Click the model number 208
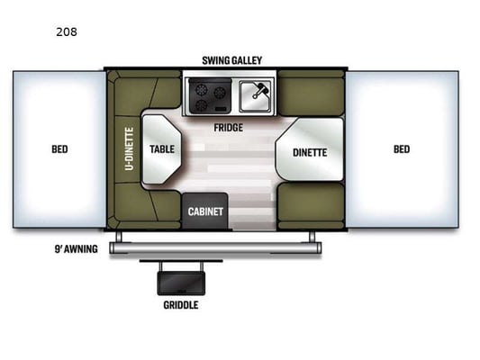pos(67,31)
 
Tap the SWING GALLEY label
pos(232,60)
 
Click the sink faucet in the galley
pos(260,90)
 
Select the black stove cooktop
pos(210,95)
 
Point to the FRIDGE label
pos(229,128)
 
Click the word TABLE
pos(162,149)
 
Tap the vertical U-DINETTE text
pos(129,149)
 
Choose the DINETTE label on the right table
pos(310,153)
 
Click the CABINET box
pos(205,211)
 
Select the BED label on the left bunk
pos(59,149)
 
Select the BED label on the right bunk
pos(402,149)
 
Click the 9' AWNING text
pos(77,249)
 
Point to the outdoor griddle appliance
pos(181,283)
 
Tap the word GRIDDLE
pos(181,305)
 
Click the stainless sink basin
pos(255,96)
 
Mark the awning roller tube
pos(215,247)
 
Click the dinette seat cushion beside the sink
pos(311,94)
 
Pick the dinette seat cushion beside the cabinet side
pos(311,205)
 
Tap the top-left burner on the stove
pos(202,90)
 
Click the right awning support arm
pos(312,237)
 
